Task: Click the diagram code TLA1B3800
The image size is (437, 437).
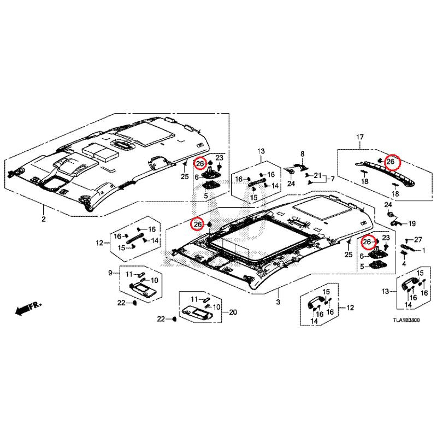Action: (x=406, y=320)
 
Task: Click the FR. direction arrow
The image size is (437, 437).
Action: (x=28, y=308)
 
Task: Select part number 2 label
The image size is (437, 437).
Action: (x=44, y=219)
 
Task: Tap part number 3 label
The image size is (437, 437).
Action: (x=278, y=302)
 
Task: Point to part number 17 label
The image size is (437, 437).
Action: (x=360, y=137)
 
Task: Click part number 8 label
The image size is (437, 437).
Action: (x=303, y=154)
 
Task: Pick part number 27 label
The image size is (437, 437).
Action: (x=418, y=239)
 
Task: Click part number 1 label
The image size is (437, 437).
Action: (x=424, y=251)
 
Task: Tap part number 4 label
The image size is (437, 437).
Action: (x=404, y=263)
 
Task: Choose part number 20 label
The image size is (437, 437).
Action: (x=233, y=312)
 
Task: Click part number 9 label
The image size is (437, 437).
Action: (x=110, y=273)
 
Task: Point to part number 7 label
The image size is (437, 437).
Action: (x=333, y=179)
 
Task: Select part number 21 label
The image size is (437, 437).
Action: (x=318, y=175)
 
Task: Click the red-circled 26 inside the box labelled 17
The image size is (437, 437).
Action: (x=391, y=161)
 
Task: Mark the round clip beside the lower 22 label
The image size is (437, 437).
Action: (x=174, y=319)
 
